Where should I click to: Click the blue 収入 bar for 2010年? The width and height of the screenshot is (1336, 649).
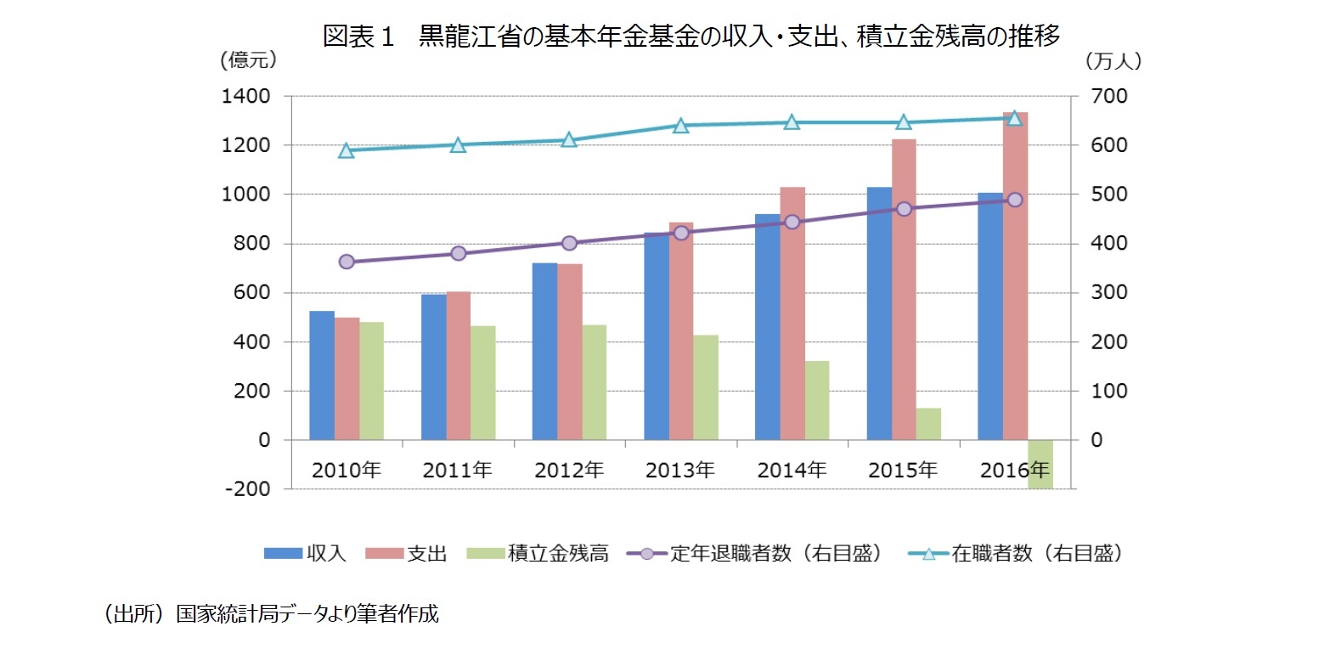tap(321, 375)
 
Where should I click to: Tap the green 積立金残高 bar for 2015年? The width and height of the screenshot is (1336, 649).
tap(928, 424)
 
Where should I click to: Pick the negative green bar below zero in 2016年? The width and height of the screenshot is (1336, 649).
tap(1040, 465)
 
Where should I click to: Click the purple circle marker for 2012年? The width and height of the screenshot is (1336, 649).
tap(569, 243)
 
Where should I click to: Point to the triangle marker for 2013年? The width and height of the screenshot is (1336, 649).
tap(680, 126)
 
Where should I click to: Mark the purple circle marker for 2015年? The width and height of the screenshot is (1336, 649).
tap(904, 209)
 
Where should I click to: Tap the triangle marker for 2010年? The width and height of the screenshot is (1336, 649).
tap(346, 151)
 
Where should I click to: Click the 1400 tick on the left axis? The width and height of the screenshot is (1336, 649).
tap(245, 97)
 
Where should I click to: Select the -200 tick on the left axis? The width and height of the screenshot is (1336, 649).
tap(247, 489)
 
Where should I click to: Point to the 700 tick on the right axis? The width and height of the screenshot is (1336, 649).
tap(1109, 97)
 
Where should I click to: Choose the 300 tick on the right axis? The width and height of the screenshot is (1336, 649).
tap(1109, 293)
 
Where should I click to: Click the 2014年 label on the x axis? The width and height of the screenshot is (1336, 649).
tap(792, 470)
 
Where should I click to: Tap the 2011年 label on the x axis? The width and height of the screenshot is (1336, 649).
tap(457, 470)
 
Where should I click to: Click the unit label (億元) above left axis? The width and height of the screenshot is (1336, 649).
tap(248, 60)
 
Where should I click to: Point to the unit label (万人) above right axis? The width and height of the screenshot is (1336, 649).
tap(1113, 61)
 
